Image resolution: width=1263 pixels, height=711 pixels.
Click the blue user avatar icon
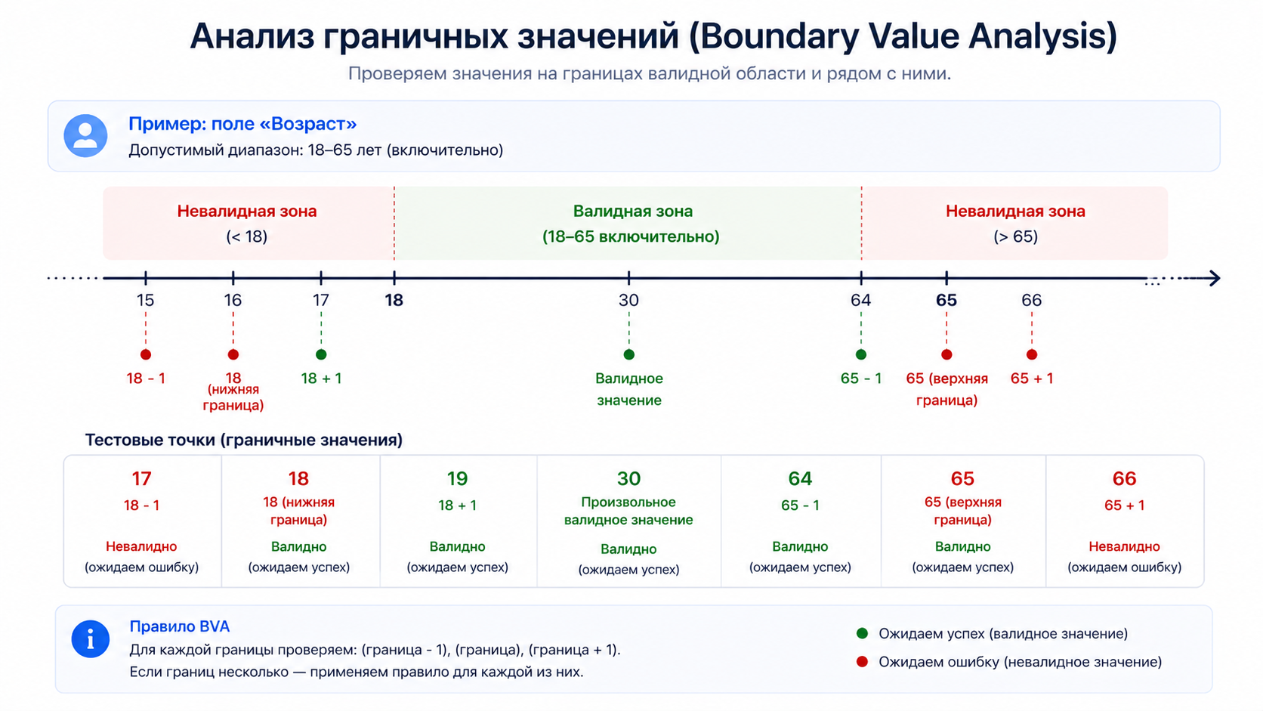point(85,136)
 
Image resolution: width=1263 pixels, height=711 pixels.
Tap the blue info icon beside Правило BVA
point(90,638)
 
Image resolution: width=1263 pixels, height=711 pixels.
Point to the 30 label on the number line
point(628,300)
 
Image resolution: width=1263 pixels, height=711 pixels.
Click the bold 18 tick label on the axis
point(394,300)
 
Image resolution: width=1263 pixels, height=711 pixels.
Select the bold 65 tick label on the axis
point(946,300)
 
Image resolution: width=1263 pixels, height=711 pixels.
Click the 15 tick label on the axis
point(146,300)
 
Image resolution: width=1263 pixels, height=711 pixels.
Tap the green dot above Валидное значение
point(629,354)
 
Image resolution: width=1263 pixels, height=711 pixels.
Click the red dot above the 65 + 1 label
point(1032,354)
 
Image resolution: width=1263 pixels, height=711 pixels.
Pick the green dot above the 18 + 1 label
point(321,354)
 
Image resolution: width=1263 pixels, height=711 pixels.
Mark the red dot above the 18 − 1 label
point(146,354)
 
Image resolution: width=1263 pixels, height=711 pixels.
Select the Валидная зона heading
point(632,212)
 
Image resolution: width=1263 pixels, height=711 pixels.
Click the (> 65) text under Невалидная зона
point(1015,236)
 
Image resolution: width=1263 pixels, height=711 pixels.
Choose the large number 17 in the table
point(141,479)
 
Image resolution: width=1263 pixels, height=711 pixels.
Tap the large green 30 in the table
point(628,479)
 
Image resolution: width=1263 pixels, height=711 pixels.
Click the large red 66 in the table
point(1124,479)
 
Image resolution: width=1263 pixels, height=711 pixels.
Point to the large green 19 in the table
point(457,479)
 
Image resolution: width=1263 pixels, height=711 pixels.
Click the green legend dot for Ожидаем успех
point(862,633)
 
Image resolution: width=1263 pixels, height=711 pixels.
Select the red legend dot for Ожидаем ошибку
point(862,661)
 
